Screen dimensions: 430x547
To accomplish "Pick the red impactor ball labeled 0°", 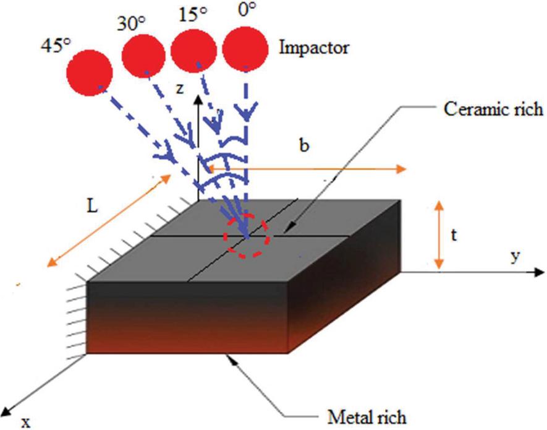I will (x=245, y=49).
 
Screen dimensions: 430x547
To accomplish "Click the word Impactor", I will (x=313, y=48).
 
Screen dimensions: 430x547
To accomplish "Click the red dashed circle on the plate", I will (x=247, y=236).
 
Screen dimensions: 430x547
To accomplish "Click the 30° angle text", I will (x=130, y=24).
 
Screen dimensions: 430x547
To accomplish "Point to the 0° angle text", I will (x=245, y=11).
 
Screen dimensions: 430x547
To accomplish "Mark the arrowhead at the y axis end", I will (x=539, y=272).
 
